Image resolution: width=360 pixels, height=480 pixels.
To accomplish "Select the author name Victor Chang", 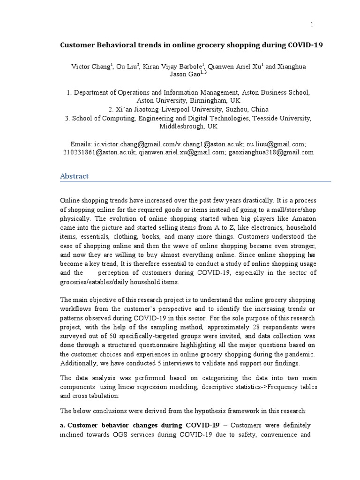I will pos(91,67).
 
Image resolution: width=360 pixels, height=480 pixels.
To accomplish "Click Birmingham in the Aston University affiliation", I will pos(200,100).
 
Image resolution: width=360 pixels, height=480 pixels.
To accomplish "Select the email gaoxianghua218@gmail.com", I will pos(271,152).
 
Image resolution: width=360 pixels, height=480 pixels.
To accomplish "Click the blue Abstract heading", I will pos(75,176).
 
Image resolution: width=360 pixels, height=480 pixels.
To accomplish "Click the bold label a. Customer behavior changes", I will pos(131,425).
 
